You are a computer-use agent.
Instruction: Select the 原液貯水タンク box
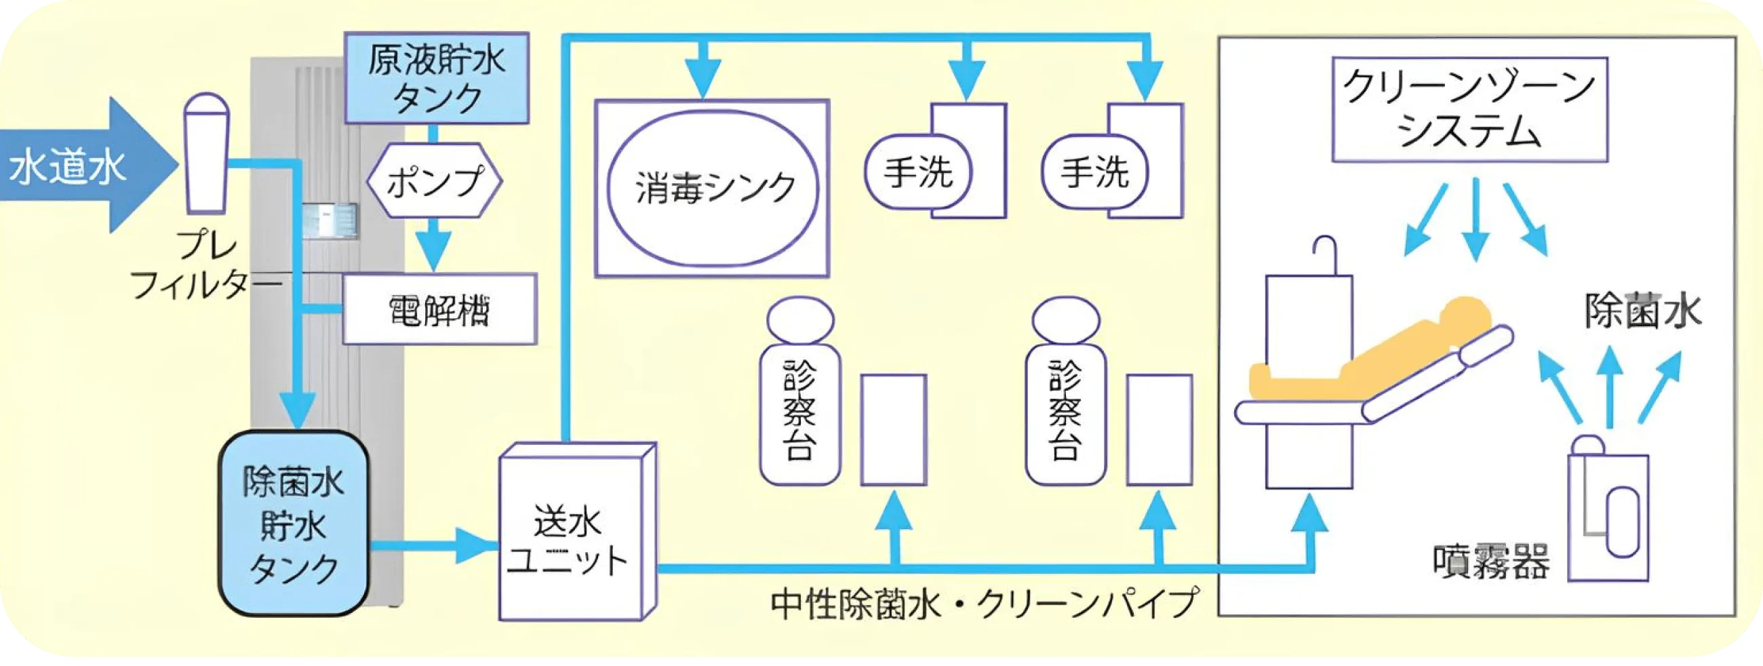coord(437,79)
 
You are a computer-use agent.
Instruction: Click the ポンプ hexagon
coord(435,180)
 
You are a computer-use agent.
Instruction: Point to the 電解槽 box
coord(439,309)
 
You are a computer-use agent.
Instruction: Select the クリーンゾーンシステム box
coord(1469,109)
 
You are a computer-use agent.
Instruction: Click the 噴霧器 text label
coord(1491,563)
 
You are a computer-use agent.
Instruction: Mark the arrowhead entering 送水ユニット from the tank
coord(479,545)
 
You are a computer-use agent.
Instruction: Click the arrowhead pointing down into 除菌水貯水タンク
coord(298,411)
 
